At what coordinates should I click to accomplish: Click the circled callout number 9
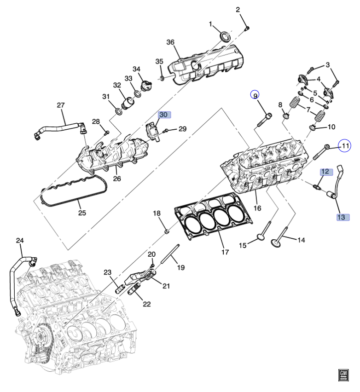[255, 95]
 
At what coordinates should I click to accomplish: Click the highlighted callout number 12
[325, 172]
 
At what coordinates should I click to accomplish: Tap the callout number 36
[170, 42]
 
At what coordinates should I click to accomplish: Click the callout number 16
[257, 208]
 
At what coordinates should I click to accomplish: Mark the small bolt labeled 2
[247, 28]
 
